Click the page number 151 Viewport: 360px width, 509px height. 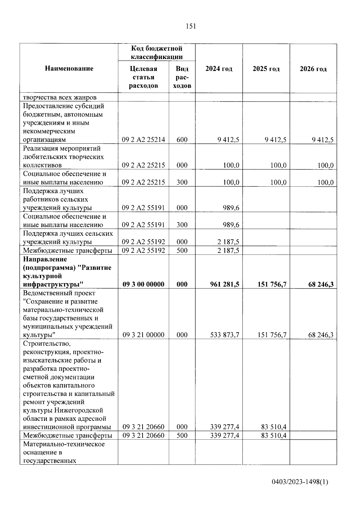click(x=191, y=26)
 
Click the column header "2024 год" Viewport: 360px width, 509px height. click(x=219, y=69)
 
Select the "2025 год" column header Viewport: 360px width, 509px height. click(x=266, y=69)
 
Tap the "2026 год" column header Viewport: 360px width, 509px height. click(x=313, y=69)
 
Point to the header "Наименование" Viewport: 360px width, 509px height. click(x=69, y=68)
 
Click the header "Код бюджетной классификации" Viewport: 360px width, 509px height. click(x=156, y=52)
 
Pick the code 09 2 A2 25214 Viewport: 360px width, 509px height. click(x=143, y=140)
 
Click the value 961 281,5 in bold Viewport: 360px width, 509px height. click(x=225, y=284)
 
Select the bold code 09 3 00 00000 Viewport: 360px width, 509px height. click(x=143, y=284)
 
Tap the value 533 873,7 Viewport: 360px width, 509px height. click(x=225, y=335)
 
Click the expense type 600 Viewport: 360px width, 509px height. click(x=182, y=140)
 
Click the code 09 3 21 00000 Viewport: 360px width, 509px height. click(x=143, y=335)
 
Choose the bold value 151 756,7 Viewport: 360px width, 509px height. click(x=272, y=284)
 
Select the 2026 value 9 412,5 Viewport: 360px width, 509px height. click(x=322, y=140)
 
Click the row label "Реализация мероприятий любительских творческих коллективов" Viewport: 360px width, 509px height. click(x=63, y=157)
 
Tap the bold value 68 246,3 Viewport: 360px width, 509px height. click(x=321, y=284)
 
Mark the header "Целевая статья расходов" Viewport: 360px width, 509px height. click(x=143, y=77)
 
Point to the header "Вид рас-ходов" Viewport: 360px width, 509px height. click(x=182, y=77)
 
